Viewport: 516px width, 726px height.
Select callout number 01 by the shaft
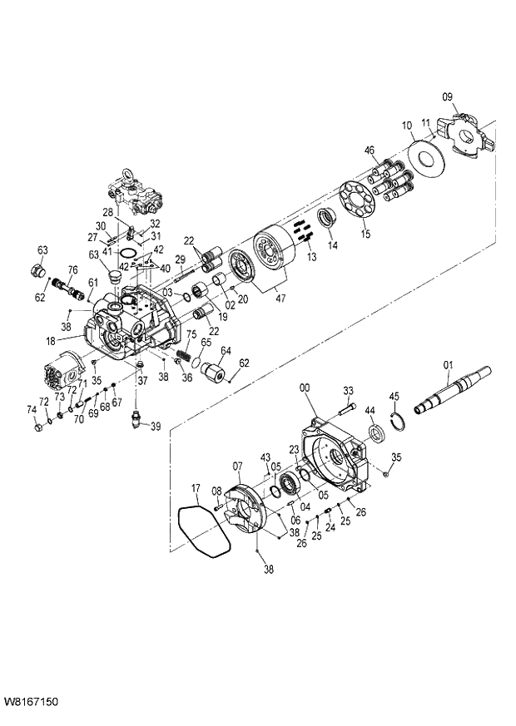(448, 363)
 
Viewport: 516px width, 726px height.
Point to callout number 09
(448, 97)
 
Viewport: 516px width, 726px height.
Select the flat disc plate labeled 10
(429, 159)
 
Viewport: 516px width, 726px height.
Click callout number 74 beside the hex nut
(32, 408)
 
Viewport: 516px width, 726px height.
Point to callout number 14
(332, 245)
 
